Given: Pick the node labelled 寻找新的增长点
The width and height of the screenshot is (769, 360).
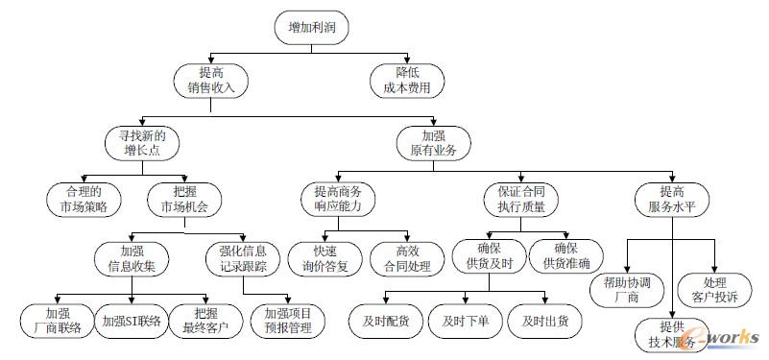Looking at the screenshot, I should pyautogui.click(x=142, y=143).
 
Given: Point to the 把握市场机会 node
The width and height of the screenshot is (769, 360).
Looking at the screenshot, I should pyautogui.click(x=182, y=198).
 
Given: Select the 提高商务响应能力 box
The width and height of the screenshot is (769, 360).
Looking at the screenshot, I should pyautogui.click(x=337, y=198).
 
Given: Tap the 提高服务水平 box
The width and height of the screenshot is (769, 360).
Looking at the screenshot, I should pyautogui.click(x=672, y=198).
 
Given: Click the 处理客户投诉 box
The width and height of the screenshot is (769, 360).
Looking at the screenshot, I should pyautogui.click(x=714, y=289).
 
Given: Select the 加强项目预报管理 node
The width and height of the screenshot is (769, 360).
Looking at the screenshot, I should pyautogui.click(x=288, y=320).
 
